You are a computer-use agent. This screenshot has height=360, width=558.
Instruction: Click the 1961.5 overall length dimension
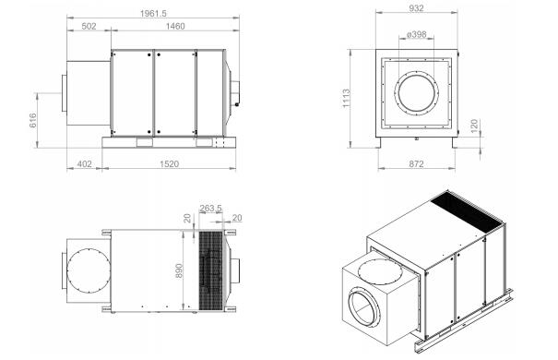point(153,14)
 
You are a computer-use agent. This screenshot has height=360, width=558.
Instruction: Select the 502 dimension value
point(89,27)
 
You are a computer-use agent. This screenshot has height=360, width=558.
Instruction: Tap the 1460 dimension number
point(175,27)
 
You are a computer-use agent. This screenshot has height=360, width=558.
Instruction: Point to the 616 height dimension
point(32,120)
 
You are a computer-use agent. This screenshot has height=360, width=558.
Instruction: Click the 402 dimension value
point(84,164)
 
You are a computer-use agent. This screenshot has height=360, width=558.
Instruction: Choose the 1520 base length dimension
point(169,164)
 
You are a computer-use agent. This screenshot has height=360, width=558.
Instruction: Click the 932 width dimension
point(416,8)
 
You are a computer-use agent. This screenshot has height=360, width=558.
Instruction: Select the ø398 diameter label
point(416,34)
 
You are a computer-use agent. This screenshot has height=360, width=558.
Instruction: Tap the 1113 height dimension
point(346,99)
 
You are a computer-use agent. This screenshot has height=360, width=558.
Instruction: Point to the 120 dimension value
point(474,126)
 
